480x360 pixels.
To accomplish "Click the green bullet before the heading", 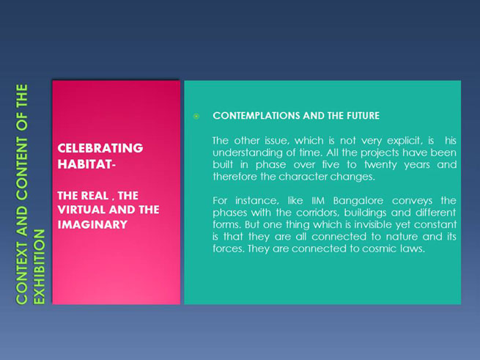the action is (196, 116).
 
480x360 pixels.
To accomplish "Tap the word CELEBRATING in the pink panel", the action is (100, 148).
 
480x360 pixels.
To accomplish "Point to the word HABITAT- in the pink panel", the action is (86, 164).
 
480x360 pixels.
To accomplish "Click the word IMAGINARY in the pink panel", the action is (92, 225).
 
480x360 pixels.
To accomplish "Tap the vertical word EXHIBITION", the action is (39, 267).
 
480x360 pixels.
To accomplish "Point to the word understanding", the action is (246, 153).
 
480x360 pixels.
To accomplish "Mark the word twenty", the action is (380, 165).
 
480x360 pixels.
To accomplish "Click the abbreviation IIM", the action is (318, 201).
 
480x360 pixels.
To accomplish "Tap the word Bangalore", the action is (358, 201).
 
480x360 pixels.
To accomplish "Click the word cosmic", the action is (380, 249).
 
